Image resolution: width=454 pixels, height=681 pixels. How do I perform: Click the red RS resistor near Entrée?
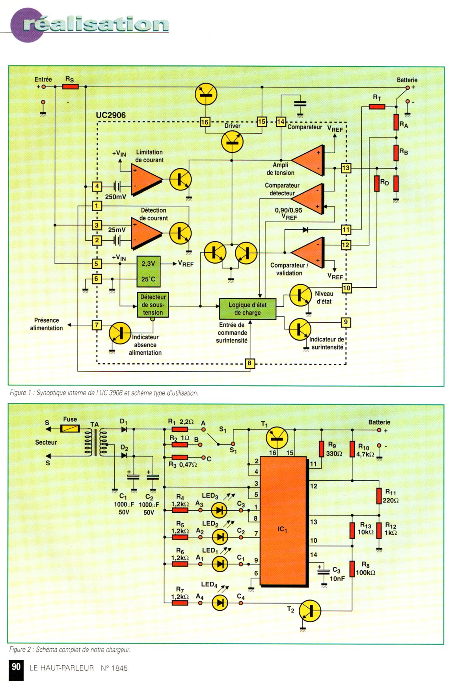pos(71,86)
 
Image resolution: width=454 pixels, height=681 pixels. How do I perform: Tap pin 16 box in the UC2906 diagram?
pos(205,122)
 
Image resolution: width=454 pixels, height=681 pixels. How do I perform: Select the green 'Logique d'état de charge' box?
pos(247,309)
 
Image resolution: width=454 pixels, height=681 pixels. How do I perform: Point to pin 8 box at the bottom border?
pos(249,363)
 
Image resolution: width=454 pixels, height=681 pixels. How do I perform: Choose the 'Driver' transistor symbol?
pos(232,142)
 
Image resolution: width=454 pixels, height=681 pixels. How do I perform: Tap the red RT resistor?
pos(377,106)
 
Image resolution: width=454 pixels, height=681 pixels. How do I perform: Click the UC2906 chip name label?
pos(111,115)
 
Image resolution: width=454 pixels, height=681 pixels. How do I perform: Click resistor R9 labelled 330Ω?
pos(322,448)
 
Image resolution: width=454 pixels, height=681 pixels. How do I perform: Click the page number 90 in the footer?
pos(16,667)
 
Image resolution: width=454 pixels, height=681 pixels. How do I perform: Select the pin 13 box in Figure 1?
pos(346,168)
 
